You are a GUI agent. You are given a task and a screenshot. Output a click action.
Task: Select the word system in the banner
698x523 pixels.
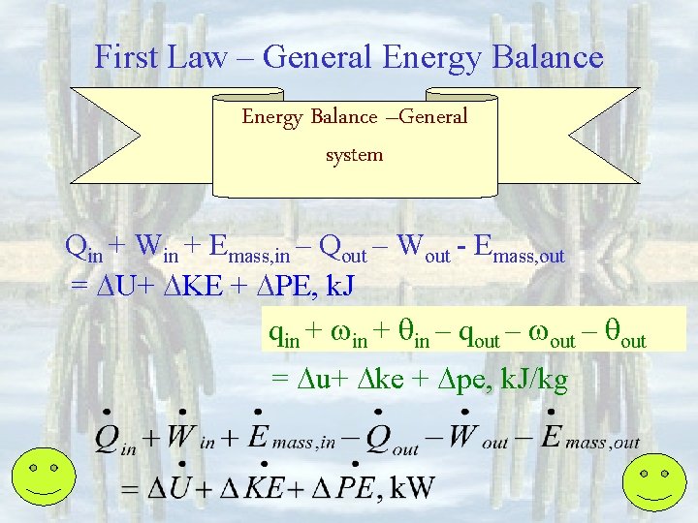click(355, 154)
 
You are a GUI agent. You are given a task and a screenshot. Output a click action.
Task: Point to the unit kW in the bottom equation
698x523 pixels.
click(411, 487)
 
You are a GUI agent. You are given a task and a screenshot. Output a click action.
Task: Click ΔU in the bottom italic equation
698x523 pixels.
click(166, 487)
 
